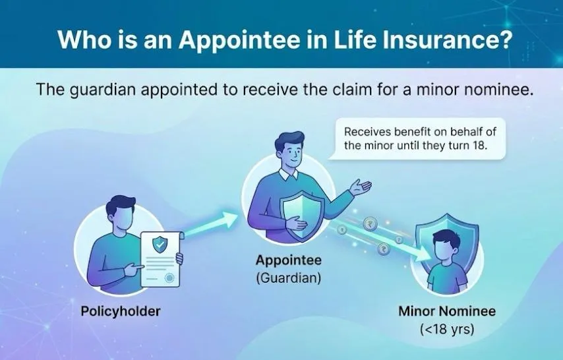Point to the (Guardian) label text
288,278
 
